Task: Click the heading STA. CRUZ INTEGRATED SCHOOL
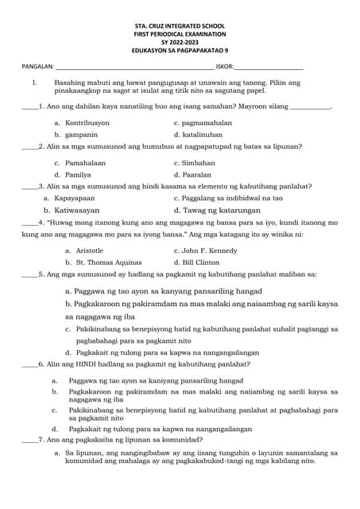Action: (180, 29)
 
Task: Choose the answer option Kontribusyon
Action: (87, 123)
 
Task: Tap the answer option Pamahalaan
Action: (85, 162)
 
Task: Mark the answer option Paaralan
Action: (197, 173)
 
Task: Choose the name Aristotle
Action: (83, 250)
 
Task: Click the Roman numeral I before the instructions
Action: (33, 83)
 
